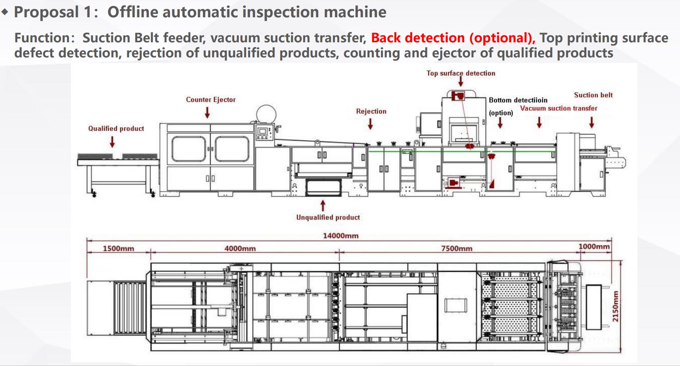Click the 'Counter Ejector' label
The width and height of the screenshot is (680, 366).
coord(211,100)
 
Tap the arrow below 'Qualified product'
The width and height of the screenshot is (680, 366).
coord(112,142)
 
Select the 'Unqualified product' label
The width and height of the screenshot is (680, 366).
coord(328,217)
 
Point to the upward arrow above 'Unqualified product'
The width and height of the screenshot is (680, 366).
coord(323,205)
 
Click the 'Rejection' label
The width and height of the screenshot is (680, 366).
coord(371,111)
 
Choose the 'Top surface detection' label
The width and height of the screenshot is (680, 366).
coord(461,73)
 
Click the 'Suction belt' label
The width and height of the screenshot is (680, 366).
coord(593,95)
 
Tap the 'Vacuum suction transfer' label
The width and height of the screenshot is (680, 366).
coord(558,109)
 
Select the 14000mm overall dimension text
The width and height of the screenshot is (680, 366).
coord(340,236)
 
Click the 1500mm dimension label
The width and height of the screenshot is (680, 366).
coord(118,249)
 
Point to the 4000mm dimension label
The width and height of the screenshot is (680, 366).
coord(240,249)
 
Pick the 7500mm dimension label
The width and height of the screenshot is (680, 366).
coord(457,249)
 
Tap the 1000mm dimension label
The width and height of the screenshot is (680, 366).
coord(594,246)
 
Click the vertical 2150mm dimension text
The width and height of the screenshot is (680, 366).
coord(615,306)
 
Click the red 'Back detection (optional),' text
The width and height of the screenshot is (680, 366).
coord(453,38)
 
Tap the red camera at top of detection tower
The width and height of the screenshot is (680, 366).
coord(458,96)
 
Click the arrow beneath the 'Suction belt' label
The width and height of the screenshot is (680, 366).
coord(591,122)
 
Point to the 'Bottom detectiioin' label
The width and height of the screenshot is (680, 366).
coord(518,100)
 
